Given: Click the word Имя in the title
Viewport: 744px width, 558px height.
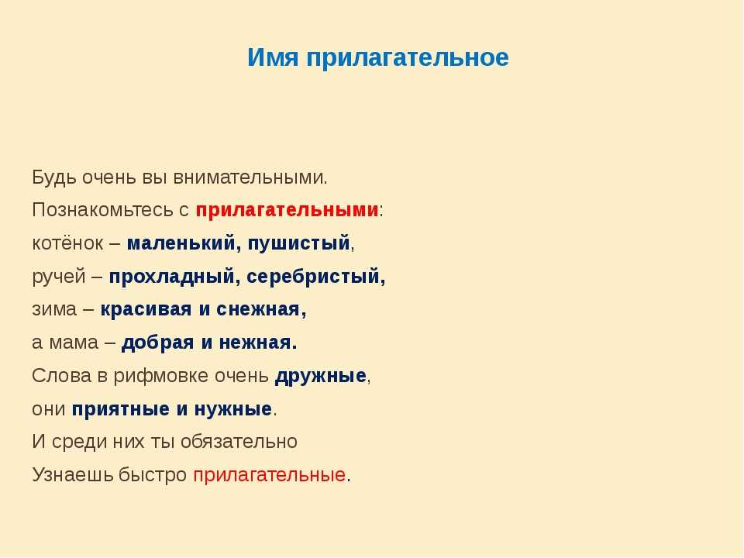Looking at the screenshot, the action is point(274,57).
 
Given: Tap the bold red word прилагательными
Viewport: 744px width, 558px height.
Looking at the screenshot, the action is point(287,210).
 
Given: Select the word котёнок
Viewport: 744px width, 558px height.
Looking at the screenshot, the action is point(67,243).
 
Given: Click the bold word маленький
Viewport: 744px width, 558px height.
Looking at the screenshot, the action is point(181,243).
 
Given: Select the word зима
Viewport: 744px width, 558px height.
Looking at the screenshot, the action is point(54,309).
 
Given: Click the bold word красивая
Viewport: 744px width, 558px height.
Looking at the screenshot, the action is point(146,310).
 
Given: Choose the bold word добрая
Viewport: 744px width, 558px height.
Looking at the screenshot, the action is point(158,343).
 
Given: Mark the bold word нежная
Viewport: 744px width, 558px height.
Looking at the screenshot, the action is point(255,343).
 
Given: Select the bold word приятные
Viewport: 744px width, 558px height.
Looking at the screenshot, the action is point(121,409).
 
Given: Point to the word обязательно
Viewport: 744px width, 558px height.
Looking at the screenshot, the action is point(239,442).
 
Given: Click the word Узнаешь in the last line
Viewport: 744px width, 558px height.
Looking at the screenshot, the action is point(73,475).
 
